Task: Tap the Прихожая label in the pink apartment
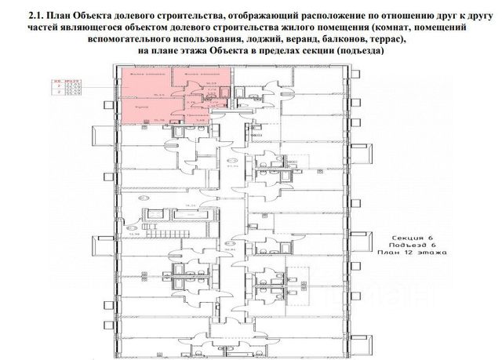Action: coord(186,113)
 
